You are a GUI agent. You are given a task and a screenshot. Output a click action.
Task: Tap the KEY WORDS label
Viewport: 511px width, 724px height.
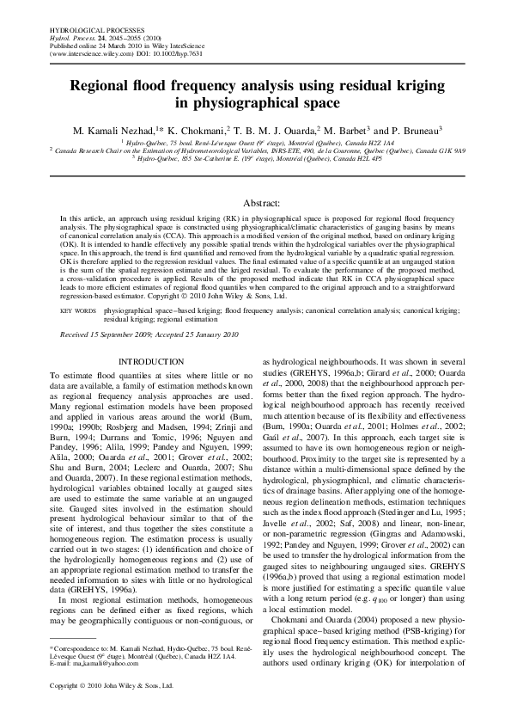[78, 307]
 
